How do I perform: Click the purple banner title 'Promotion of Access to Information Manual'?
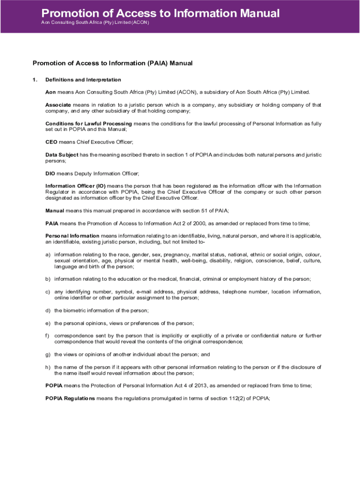160,13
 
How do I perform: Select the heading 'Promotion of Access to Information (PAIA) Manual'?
112,63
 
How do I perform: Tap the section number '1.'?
35,80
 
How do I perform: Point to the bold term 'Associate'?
58,104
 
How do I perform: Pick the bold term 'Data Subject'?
62,154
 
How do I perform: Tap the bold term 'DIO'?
50,173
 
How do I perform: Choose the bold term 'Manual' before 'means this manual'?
55,210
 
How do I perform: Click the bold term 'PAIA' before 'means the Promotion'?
51,223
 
